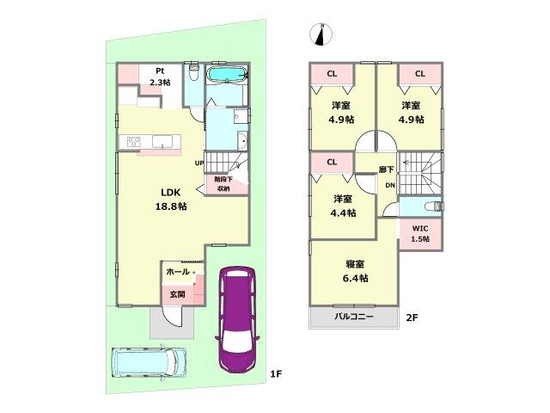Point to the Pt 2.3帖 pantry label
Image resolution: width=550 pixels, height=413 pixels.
pyautogui.click(x=160, y=77)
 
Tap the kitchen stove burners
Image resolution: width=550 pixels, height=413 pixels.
pyautogui.click(x=135, y=142)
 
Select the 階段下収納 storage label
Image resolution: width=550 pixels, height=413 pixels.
pyautogui.click(x=223, y=183)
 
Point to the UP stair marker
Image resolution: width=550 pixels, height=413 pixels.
pyautogui.click(x=199, y=163)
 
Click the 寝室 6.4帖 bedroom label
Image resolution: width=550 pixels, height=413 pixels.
pyautogui.click(x=352, y=272)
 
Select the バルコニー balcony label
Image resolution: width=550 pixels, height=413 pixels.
pyautogui.click(x=353, y=317)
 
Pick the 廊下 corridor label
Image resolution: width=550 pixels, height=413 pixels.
pyautogui.click(x=387, y=170)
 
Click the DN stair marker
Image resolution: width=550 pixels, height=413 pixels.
pyautogui.click(x=388, y=186)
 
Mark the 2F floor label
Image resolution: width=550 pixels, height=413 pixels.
pyautogui.click(x=412, y=318)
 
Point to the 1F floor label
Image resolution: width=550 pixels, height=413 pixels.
pyautogui.click(x=276, y=374)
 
